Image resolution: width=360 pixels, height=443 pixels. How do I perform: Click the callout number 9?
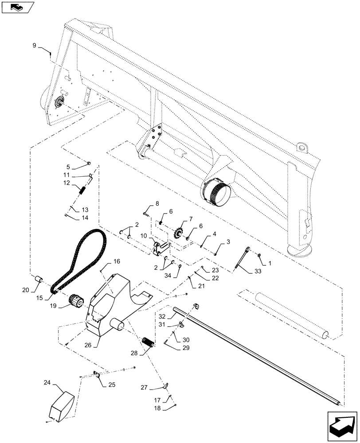(x=34, y=45)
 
